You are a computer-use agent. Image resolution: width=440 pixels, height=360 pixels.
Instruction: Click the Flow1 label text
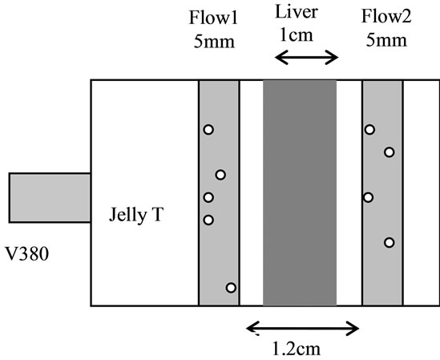[213, 18]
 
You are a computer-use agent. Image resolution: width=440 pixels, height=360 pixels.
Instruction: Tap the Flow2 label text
[386, 16]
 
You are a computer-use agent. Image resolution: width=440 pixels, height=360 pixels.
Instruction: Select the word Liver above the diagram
[297, 12]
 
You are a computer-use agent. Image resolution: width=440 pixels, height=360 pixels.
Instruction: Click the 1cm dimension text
[297, 35]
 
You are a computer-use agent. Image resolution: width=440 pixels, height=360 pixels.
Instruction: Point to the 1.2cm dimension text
[297, 349]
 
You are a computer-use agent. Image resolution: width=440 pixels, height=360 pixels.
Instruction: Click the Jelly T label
[136, 215]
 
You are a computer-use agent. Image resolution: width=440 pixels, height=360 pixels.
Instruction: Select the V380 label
[27, 254]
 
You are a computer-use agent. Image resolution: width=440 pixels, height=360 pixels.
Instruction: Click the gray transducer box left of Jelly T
[50, 198]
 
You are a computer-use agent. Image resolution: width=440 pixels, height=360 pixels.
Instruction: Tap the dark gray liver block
[300, 193]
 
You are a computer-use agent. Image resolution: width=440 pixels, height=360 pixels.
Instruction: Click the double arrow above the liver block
[307, 57]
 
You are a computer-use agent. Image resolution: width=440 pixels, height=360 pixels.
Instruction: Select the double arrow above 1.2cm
[302, 328]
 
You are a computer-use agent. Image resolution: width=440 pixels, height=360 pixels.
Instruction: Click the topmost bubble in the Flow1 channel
[208, 130]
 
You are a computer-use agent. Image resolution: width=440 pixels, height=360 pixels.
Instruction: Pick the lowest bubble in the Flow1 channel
[231, 288]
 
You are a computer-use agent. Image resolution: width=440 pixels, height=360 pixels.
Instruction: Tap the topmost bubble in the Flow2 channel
[369, 130]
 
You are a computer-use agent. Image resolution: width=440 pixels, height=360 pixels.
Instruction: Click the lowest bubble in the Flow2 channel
[390, 242]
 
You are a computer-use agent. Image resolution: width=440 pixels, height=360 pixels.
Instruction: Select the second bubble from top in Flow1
[220, 175]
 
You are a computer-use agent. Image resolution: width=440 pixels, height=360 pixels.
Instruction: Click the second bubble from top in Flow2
[390, 152]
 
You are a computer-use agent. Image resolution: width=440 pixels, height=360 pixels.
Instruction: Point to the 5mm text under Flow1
[214, 42]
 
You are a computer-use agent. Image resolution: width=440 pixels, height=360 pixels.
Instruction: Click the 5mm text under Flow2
[386, 40]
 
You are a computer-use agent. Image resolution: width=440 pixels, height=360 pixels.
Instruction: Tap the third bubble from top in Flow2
[368, 197]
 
